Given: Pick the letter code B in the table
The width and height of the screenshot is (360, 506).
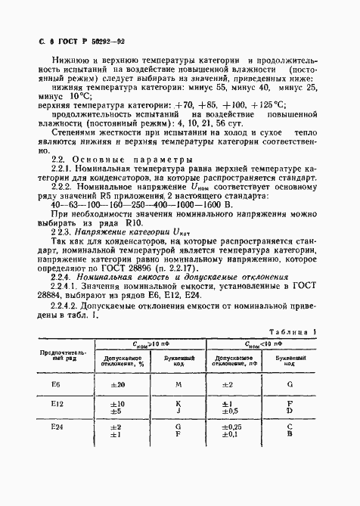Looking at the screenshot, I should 290,457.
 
